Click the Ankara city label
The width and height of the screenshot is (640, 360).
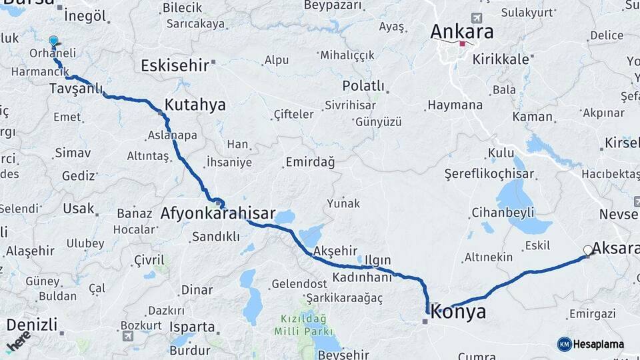462,31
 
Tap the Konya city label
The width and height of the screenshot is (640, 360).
458,312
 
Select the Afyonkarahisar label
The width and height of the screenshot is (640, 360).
218,214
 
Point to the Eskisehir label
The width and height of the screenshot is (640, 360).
175,65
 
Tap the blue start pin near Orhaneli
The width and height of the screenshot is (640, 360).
53,41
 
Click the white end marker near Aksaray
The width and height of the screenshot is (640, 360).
588,251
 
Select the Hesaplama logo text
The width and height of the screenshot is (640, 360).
598,344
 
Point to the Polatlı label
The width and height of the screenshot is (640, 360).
363,86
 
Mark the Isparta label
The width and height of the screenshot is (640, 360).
192,327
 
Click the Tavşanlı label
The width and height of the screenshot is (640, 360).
75,89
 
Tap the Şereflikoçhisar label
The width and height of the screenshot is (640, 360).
489,174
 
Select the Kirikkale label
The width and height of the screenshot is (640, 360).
501,59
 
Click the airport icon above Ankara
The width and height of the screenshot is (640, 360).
476,17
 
